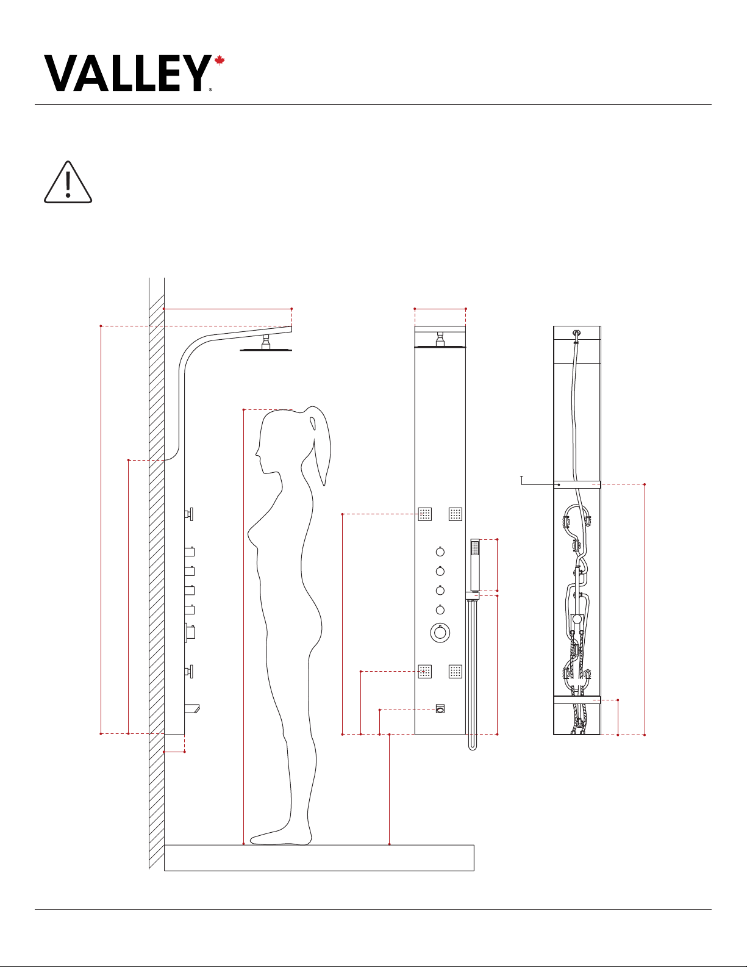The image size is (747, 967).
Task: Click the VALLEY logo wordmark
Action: [127, 73]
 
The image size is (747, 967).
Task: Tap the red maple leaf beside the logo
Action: [220, 60]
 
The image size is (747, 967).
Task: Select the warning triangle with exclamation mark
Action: [68, 182]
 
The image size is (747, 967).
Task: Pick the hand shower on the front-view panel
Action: [475, 565]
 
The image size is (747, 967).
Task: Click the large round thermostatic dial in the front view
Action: [440, 632]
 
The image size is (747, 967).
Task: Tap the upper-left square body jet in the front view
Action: [424, 514]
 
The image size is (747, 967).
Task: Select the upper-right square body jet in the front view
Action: [456, 514]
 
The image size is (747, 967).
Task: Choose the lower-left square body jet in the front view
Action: [424, 672]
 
